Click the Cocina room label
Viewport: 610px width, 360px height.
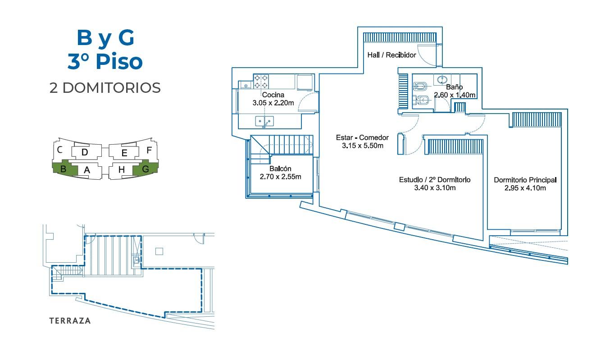[x=273, y=95]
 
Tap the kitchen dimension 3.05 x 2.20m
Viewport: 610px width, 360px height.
[x=273, y=103]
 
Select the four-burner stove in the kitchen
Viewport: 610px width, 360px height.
[x=261, y=82]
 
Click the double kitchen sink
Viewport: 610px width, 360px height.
[x=264, y=121]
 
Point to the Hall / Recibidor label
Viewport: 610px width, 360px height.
[x=391, y=55]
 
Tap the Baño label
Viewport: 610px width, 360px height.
[x=454, y=87]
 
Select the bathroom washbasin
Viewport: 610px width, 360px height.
[x=442, y=80]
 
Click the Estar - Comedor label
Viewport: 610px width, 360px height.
[x=362, y=137]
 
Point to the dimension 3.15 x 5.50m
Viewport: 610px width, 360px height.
[x=363, y=146]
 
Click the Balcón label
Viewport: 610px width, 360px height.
[x=280, y=169]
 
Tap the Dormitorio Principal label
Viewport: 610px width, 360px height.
[x=525, y=180]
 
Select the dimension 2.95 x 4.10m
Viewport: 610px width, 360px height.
[x=525, y=188]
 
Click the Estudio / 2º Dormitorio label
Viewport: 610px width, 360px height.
[x=435, y=180]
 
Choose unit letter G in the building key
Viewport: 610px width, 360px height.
[x=146, y=169]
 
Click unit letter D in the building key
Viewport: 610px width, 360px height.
[x=85, y=152]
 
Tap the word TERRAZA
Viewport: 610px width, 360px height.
[x=70, y=321]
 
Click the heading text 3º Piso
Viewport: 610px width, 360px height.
[x=105, y=61]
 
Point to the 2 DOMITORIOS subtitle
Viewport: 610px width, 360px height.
[x=105, y=88]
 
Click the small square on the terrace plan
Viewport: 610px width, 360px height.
[x=159, y=251]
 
